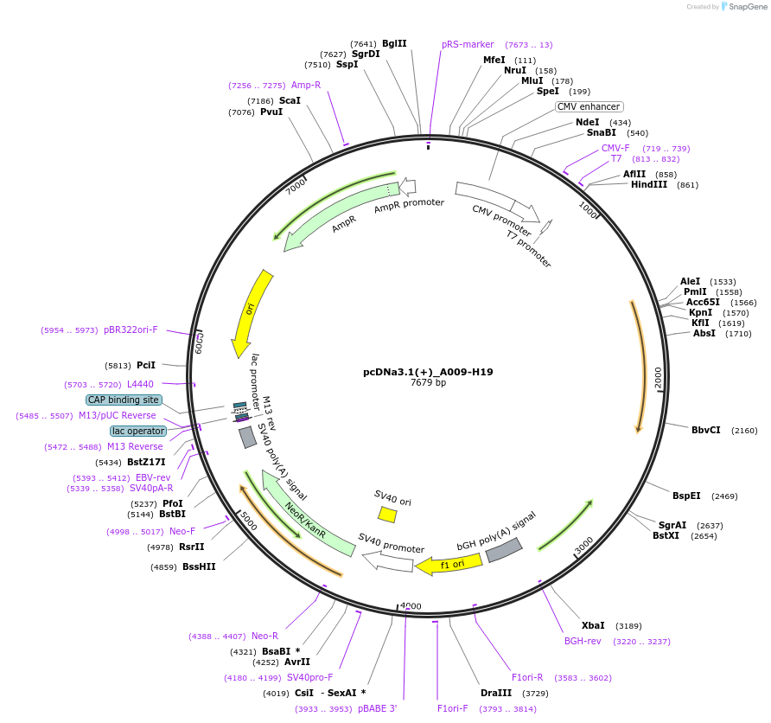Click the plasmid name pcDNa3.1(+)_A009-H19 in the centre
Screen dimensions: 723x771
tap(428, 372)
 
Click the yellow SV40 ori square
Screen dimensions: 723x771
tap(387, 515)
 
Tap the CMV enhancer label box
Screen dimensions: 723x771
tap(589, 106)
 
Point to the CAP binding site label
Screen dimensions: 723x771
tap(124, 400)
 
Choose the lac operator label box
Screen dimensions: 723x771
tap(138, 431)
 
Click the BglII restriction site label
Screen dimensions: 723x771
tap(394, 43)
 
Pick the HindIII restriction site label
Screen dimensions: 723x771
tap(649, 184)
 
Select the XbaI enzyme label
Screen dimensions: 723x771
tap(593, 625)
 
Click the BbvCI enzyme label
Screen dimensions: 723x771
tap(705, 430)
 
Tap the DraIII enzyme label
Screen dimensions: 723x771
tap(496, 693)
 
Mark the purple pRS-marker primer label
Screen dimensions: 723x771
tap(468, 44)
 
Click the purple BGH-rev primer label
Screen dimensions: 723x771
tap(583, 641)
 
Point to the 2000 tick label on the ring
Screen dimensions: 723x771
tap(659, 377)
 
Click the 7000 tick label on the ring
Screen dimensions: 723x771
tap(296, 185)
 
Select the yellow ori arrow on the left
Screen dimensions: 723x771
tap(251, 311)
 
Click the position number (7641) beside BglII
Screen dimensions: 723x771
tap(363, 43)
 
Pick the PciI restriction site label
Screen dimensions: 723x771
tap(146, 365)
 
